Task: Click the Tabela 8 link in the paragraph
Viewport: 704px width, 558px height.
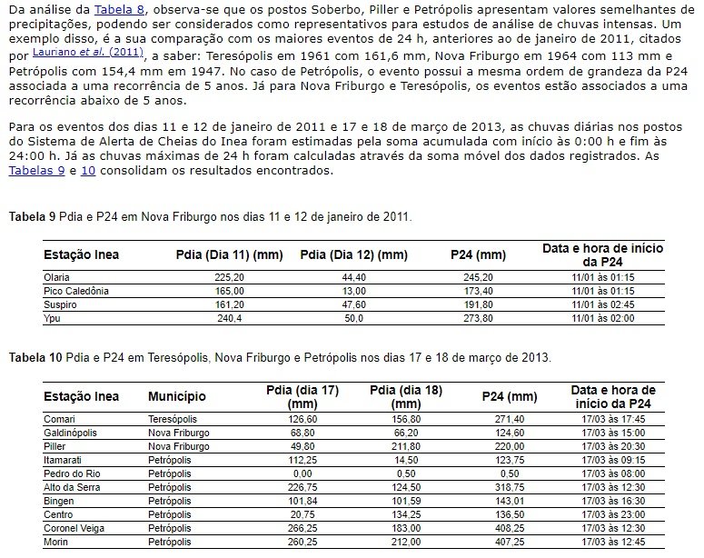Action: (x=120, y=10)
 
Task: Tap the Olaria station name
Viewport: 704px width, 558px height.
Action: (x=56, y=277)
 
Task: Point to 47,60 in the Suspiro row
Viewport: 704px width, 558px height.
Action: (x=353, y=304)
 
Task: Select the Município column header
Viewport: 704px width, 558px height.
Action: (x=177, y=396)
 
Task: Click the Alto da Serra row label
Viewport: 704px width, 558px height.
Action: (x=72, y=487)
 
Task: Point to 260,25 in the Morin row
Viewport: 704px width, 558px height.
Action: (x=301, y=542)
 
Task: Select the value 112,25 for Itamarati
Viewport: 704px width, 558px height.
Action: (x=301, y=460)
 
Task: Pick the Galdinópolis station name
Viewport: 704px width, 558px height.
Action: (x=70, y=433)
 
